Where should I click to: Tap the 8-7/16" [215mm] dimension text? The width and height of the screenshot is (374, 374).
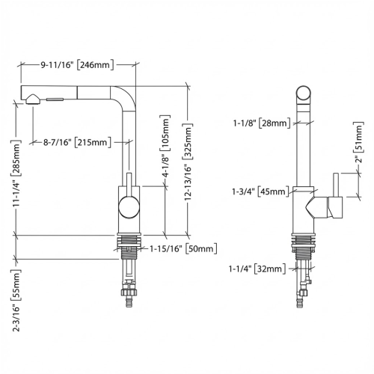tap(78, 141)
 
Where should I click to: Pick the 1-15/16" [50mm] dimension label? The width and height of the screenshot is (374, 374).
tap(183, 248)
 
